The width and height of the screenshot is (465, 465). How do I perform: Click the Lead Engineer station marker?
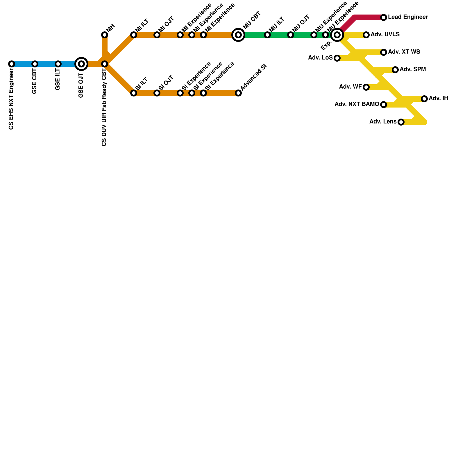(384, 17)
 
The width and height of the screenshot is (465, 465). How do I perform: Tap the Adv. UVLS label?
(385, 35)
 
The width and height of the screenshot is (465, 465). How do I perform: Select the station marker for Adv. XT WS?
(384, 52)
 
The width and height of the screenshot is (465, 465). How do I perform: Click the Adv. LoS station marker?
(337, 58)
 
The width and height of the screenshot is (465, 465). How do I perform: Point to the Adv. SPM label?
(412, 69)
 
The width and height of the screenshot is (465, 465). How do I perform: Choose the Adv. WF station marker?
(366, 87)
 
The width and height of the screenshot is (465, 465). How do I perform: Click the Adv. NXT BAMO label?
(357, 104)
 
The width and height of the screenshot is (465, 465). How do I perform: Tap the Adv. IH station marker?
(424, 99)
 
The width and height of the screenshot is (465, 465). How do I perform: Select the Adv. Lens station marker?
(401, 122)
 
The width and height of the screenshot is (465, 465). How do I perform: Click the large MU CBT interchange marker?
(238, 35)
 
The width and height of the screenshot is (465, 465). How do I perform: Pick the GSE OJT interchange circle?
(81, 64)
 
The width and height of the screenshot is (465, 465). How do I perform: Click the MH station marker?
(105, 35)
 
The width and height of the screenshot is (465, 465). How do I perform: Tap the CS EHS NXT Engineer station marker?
(12, 64)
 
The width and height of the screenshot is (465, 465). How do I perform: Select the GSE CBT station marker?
(35, 64)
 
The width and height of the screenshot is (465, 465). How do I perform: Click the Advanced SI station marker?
(238, 93)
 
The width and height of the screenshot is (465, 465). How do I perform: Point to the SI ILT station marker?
(134, 93)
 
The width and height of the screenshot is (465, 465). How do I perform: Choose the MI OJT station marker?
(157, 35)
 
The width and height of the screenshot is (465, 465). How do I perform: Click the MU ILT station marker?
(267, 35)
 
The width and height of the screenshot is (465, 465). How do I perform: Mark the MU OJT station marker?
(291, 35)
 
